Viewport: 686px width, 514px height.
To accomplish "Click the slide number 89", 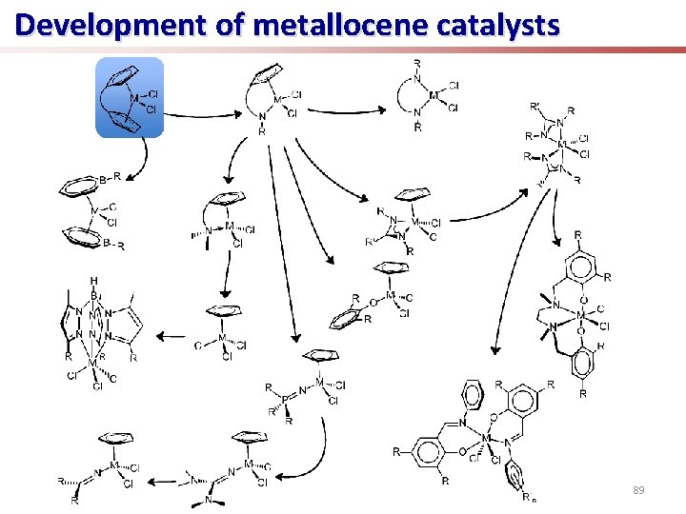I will [x=639, y=490].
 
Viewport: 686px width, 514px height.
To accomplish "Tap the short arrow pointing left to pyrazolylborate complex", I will [x=171, y=335].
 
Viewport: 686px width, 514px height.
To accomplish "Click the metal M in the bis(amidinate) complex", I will [x=561, y=146].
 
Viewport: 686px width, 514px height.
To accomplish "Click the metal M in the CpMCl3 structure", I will [x=222, y=337].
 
